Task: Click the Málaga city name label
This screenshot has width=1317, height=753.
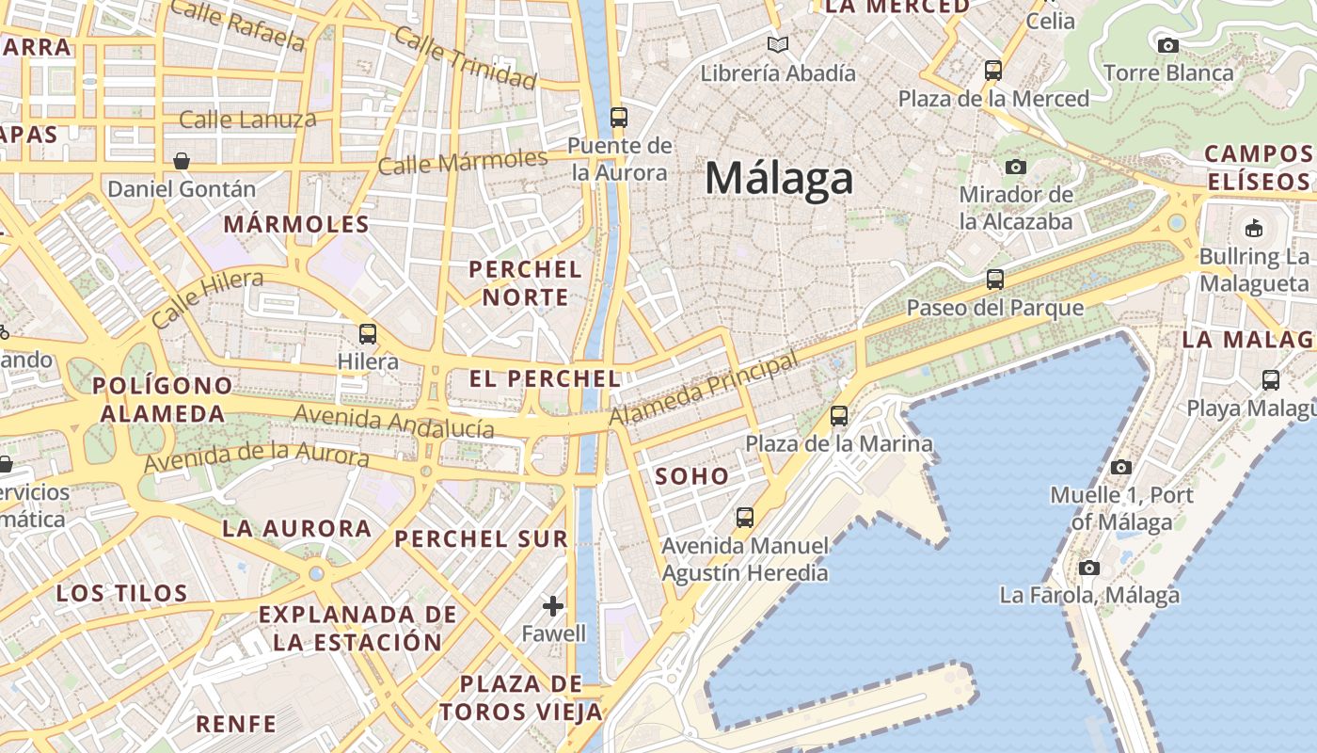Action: (x=779, y=178)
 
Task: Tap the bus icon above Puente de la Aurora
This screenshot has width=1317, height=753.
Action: (x=618, y=118)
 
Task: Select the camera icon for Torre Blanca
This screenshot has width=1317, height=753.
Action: (x=1167, y=45)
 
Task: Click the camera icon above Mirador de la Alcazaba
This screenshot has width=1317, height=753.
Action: (x=1015, y=167)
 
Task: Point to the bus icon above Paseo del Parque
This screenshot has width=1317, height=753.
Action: (x=994, y=280)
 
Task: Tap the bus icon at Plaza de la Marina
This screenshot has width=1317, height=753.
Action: (x=839, y=415)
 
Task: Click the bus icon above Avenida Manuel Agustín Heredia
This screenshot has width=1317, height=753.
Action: (x=745, y=517)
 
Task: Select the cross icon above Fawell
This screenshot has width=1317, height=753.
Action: (x=553, y=605)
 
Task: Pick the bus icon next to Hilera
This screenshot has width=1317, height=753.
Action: (x=368, y=333)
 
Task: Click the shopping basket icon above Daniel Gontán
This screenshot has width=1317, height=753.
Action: (x=182, y=161)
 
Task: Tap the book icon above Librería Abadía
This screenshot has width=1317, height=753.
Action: (x=778, y=44)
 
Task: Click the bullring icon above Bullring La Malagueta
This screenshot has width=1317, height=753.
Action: (x=1254, y=228)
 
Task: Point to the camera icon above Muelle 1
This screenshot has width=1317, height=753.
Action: (x=1120, y=467)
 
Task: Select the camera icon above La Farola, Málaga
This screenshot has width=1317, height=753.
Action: (x=1089, y=568)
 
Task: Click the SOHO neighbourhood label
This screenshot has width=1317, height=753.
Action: (x=692, y=476)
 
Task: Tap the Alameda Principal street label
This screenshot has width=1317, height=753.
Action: (x=704, y=388)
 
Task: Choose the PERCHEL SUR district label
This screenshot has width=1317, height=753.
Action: (x=482, y=539)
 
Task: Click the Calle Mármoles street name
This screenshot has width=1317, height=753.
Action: (x=462, y=162)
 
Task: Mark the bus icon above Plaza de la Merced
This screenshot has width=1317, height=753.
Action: (x=993, y=70)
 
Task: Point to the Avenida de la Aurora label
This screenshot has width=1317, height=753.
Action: (x=256, y=458)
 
